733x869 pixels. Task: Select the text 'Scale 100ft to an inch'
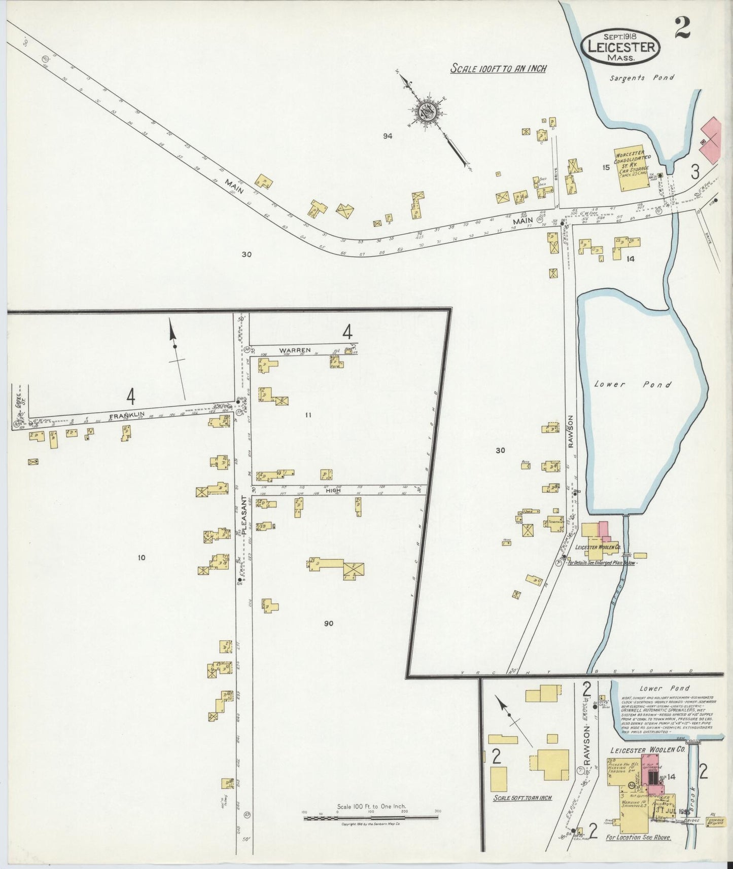[498, 68]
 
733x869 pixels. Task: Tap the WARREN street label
[294, 350]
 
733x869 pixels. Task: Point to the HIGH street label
[333, 491]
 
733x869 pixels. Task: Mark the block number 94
[388, 136]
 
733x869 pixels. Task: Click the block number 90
[329, 624]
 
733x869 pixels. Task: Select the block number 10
[141, 558]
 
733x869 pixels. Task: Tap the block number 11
[307, 415]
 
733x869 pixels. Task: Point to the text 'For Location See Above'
[638, 838]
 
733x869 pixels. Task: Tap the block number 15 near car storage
[605, 168]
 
